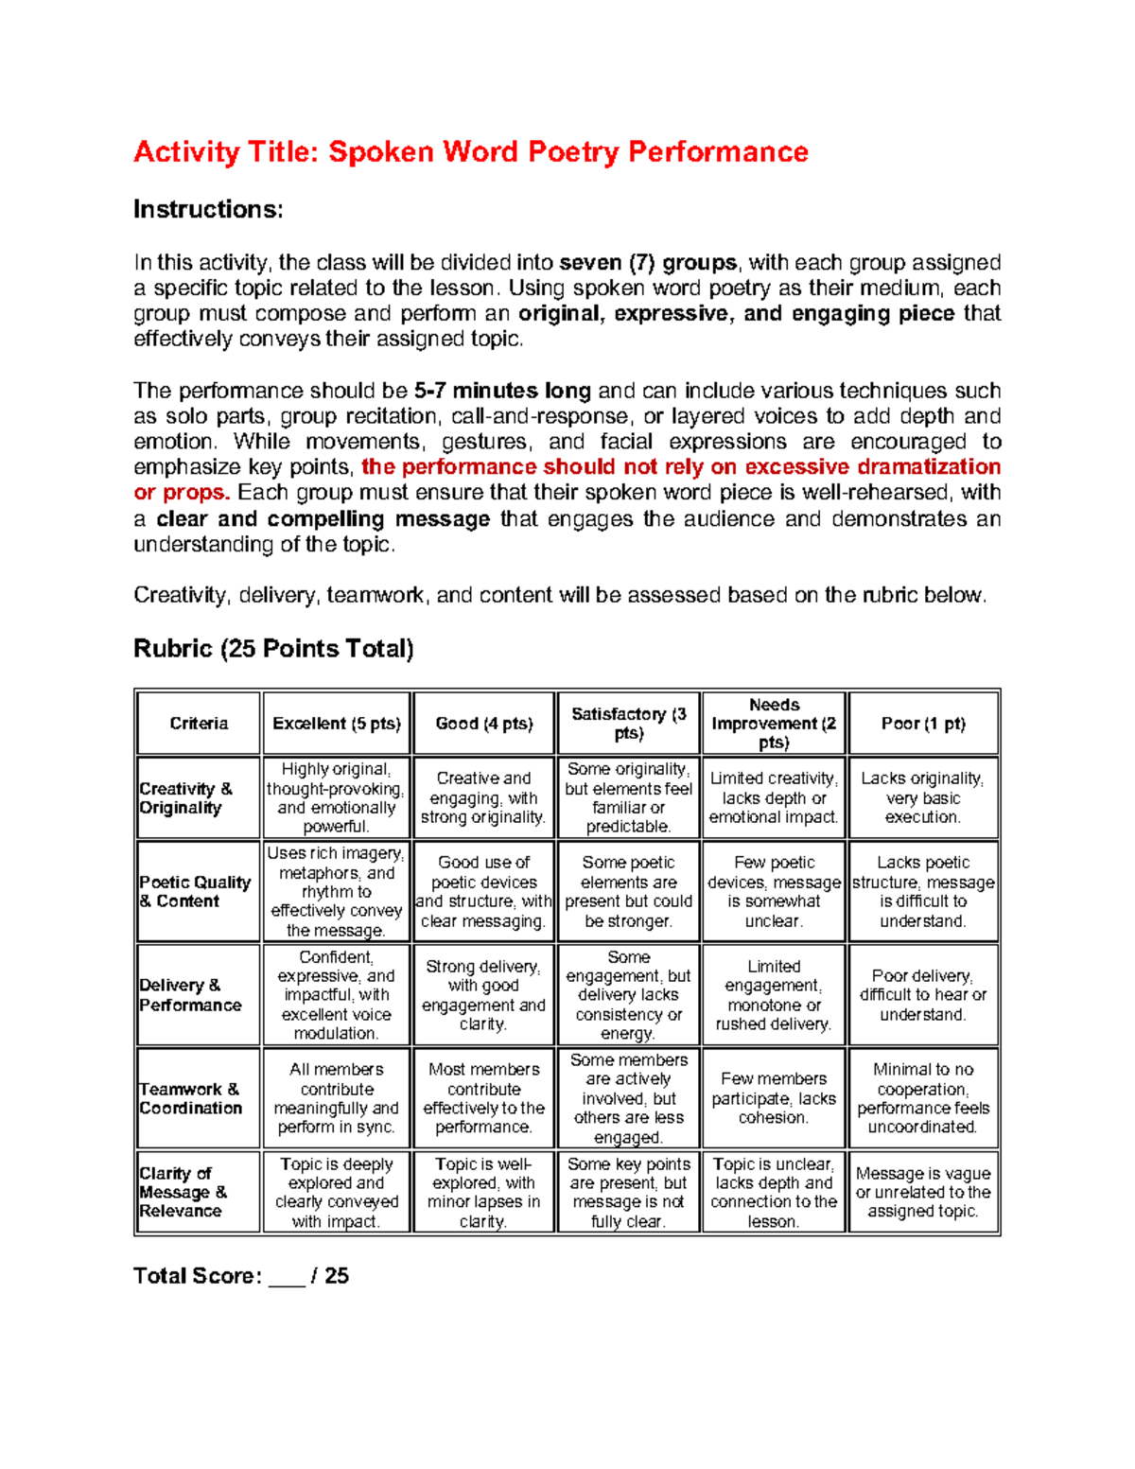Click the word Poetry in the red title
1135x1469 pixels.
[x=572, y=152]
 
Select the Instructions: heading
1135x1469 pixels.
[x=208, y=209]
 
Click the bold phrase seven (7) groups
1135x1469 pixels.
[x=648, y=263]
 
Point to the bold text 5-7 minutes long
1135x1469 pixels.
[x=502, y=391]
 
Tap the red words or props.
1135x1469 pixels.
[x=182, y=493]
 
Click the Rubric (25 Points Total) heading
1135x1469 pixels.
[x=273, y=649]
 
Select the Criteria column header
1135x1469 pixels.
[x=199, y=724]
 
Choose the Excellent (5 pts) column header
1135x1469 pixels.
[x=337, y=724]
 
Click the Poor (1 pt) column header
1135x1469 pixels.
[x=923, y=724]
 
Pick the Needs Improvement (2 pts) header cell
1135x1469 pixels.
[x=774, y=724]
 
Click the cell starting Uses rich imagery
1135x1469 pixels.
[x=337, y=891]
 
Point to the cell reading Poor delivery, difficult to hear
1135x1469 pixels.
[x=923, y=995]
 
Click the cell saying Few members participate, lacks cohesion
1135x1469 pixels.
[x=774, y=1098]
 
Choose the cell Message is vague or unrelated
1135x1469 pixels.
[x=923, y=1192]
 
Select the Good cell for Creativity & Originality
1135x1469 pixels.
[x=483, y=797]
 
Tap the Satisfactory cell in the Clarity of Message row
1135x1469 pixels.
[x=629, y=1192]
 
